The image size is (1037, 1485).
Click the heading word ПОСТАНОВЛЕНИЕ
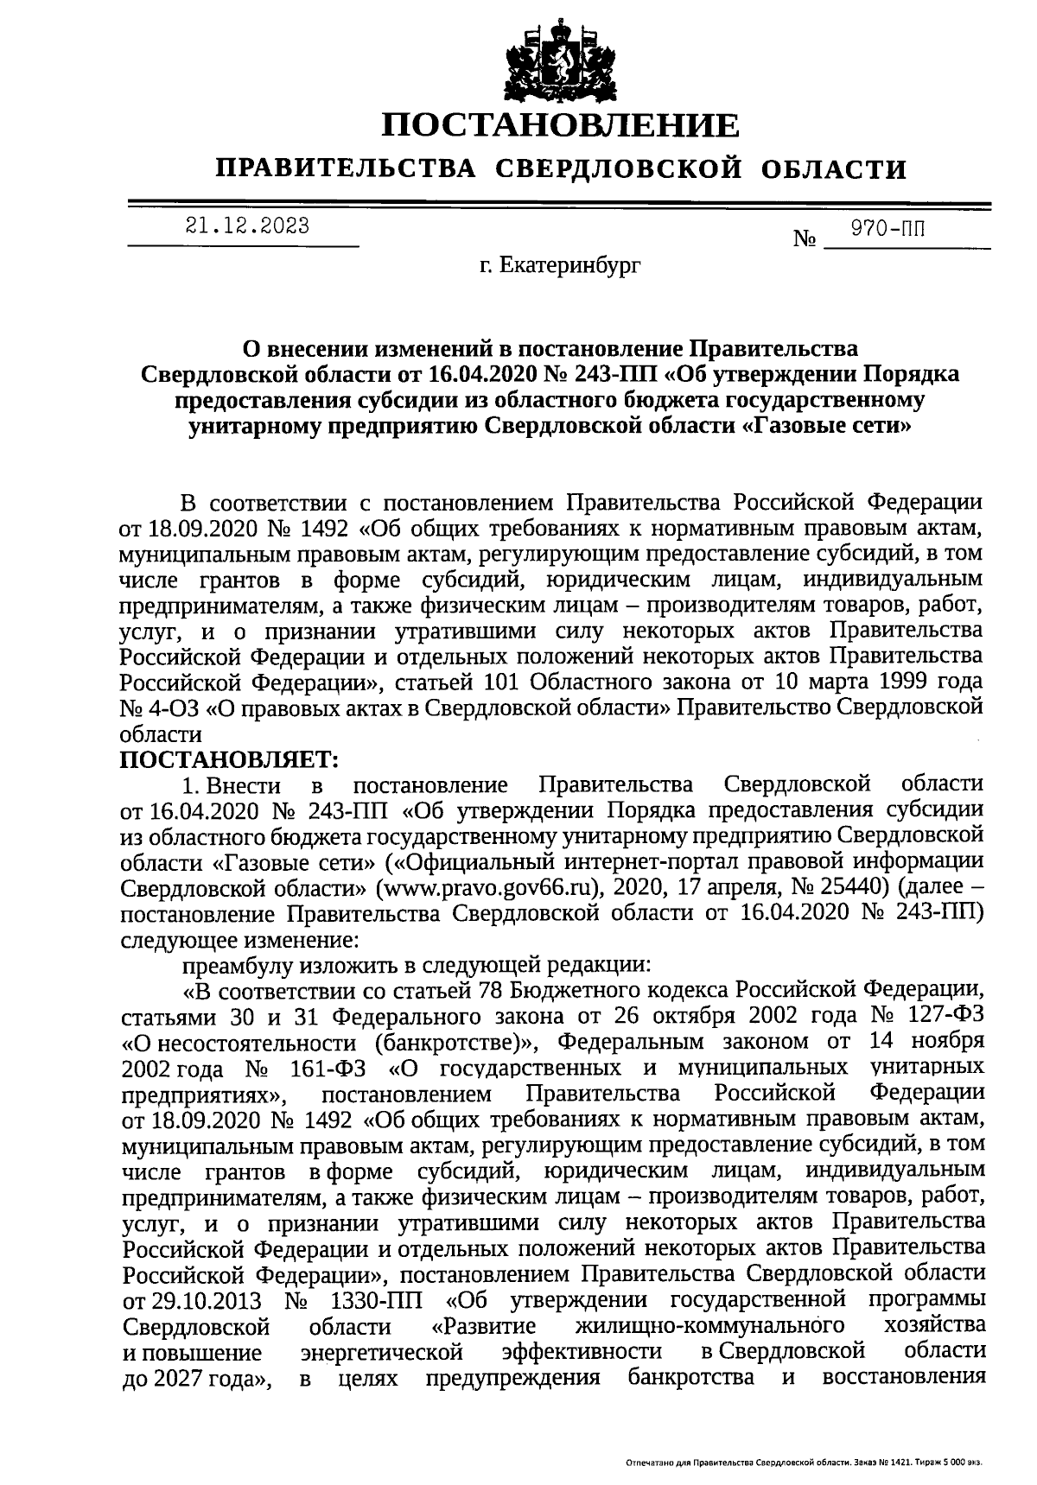(x=562, y=126)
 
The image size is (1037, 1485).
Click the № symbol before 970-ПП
(x=805, y=239)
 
